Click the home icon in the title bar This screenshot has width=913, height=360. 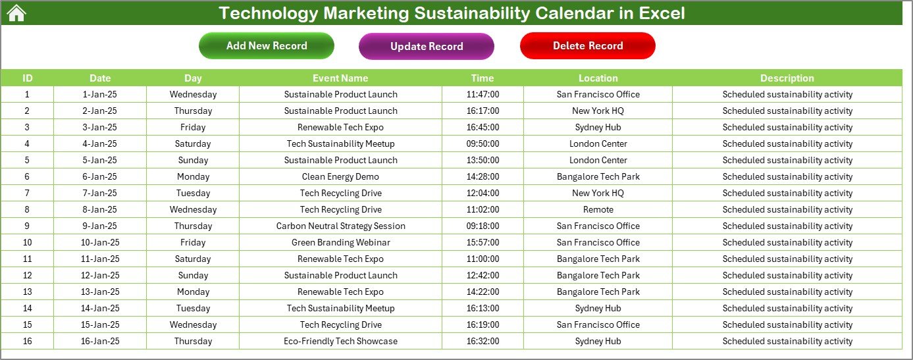point(16,13)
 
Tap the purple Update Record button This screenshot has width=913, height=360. point(427,46)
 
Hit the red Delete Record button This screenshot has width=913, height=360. point(588,45)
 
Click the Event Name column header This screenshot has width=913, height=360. point(340,78)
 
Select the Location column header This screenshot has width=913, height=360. point(598,78)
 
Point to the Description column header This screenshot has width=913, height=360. point(787,78)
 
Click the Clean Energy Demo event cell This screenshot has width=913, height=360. point(340,176)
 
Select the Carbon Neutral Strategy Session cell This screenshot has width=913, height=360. point(340,226)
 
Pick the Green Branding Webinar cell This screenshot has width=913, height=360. point(340,242)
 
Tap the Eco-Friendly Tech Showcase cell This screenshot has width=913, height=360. point(340,341)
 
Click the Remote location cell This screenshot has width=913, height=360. point(598,209)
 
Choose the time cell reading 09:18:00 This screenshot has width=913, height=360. point(483,226)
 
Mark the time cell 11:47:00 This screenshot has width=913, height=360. point(483,94)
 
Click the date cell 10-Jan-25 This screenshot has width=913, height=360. point(100,242)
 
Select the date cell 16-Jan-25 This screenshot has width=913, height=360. point(100,341)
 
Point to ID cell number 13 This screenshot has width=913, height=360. point(27,292)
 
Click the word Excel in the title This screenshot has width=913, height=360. point(662,13)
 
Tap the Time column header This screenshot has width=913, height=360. point(483,78)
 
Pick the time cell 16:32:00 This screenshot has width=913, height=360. point(483,341)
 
